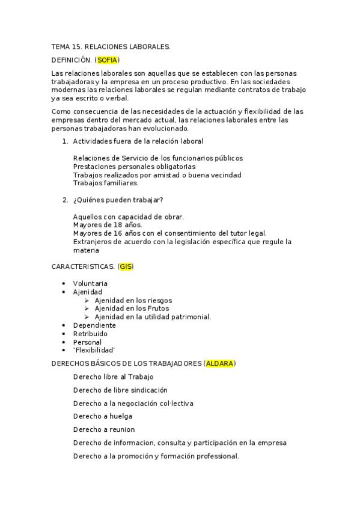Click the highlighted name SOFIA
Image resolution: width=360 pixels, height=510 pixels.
tap(108, 60)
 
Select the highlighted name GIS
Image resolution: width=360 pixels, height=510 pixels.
tap(126, 266)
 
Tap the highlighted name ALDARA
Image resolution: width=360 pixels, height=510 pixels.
tap(219, 363)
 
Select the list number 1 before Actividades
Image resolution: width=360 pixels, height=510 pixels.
tap(64, 141)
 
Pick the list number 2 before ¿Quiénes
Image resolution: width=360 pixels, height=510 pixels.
tap(64, 200)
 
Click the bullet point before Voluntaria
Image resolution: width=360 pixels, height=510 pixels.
tap(64, 283)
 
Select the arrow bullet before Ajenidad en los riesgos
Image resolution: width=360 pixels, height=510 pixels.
tap(87, 300)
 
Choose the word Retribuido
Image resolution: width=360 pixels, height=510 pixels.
tap(91, 333)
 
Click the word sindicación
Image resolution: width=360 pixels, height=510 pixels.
tap(146, 390)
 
